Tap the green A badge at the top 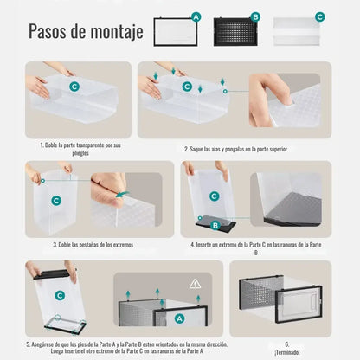coord(196,16)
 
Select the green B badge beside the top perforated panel coord(255,16)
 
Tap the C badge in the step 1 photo coord(74,87)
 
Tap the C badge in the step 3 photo coord(56,200)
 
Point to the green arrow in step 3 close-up coord(123,196)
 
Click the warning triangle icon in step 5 coord(195,283)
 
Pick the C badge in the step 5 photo coord(59,295)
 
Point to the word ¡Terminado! coord(286,350)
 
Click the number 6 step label coord(286,343)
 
